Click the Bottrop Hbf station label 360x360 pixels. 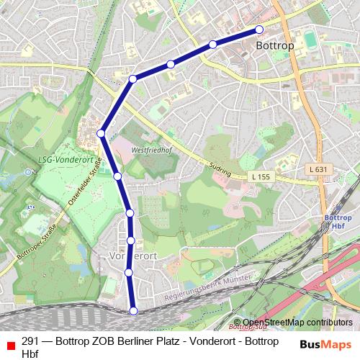[338, 221]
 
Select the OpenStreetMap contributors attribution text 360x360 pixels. [297, 323]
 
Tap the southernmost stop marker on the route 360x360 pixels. [133, 310]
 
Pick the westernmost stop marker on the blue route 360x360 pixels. [102, 133]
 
